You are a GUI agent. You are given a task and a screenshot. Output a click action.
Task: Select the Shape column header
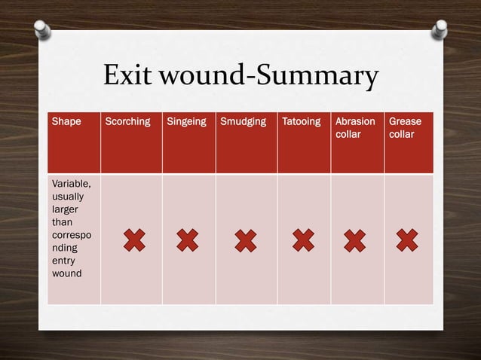66,121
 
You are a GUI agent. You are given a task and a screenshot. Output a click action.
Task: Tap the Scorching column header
127,121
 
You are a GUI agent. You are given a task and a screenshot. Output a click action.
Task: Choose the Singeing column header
186,121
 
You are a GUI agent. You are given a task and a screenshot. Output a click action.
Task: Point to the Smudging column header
244,121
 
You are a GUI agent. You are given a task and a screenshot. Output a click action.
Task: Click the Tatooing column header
301,121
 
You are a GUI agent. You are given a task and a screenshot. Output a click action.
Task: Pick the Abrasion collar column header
355,127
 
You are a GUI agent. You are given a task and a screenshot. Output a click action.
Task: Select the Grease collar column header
405,127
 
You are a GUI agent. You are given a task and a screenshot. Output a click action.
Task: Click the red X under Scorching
133,241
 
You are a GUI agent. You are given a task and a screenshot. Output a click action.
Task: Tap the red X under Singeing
188,241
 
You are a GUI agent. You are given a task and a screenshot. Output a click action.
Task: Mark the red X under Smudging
245,241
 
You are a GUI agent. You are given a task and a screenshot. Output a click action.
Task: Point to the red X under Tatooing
302,241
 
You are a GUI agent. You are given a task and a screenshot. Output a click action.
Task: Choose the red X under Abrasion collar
354,241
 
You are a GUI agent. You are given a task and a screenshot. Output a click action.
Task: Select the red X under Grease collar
406,241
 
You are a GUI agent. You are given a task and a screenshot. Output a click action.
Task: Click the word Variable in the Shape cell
71,183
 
